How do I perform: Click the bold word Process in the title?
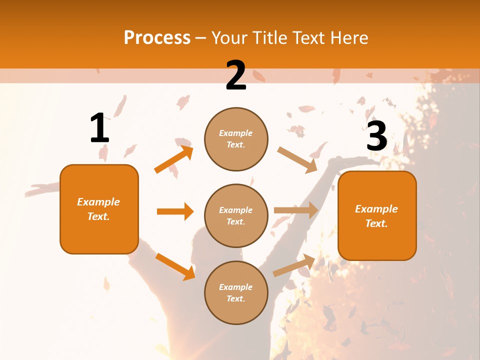pos(157,38)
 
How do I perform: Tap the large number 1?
pos(99,128)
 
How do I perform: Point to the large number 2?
pos(236,76)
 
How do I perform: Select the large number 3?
pos(376,136)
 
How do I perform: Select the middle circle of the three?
pos(236,215)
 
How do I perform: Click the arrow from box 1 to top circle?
pos(173,159)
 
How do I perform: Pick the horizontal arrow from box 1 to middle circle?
pos(175,211)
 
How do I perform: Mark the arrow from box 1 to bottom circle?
pos(175,266)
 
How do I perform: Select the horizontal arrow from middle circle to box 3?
pos(296,210)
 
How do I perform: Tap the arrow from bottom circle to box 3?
pos(294,265)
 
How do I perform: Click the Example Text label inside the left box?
pos(98,209)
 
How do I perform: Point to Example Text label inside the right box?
pos(376,216)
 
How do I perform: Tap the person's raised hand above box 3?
pos(345,161)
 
